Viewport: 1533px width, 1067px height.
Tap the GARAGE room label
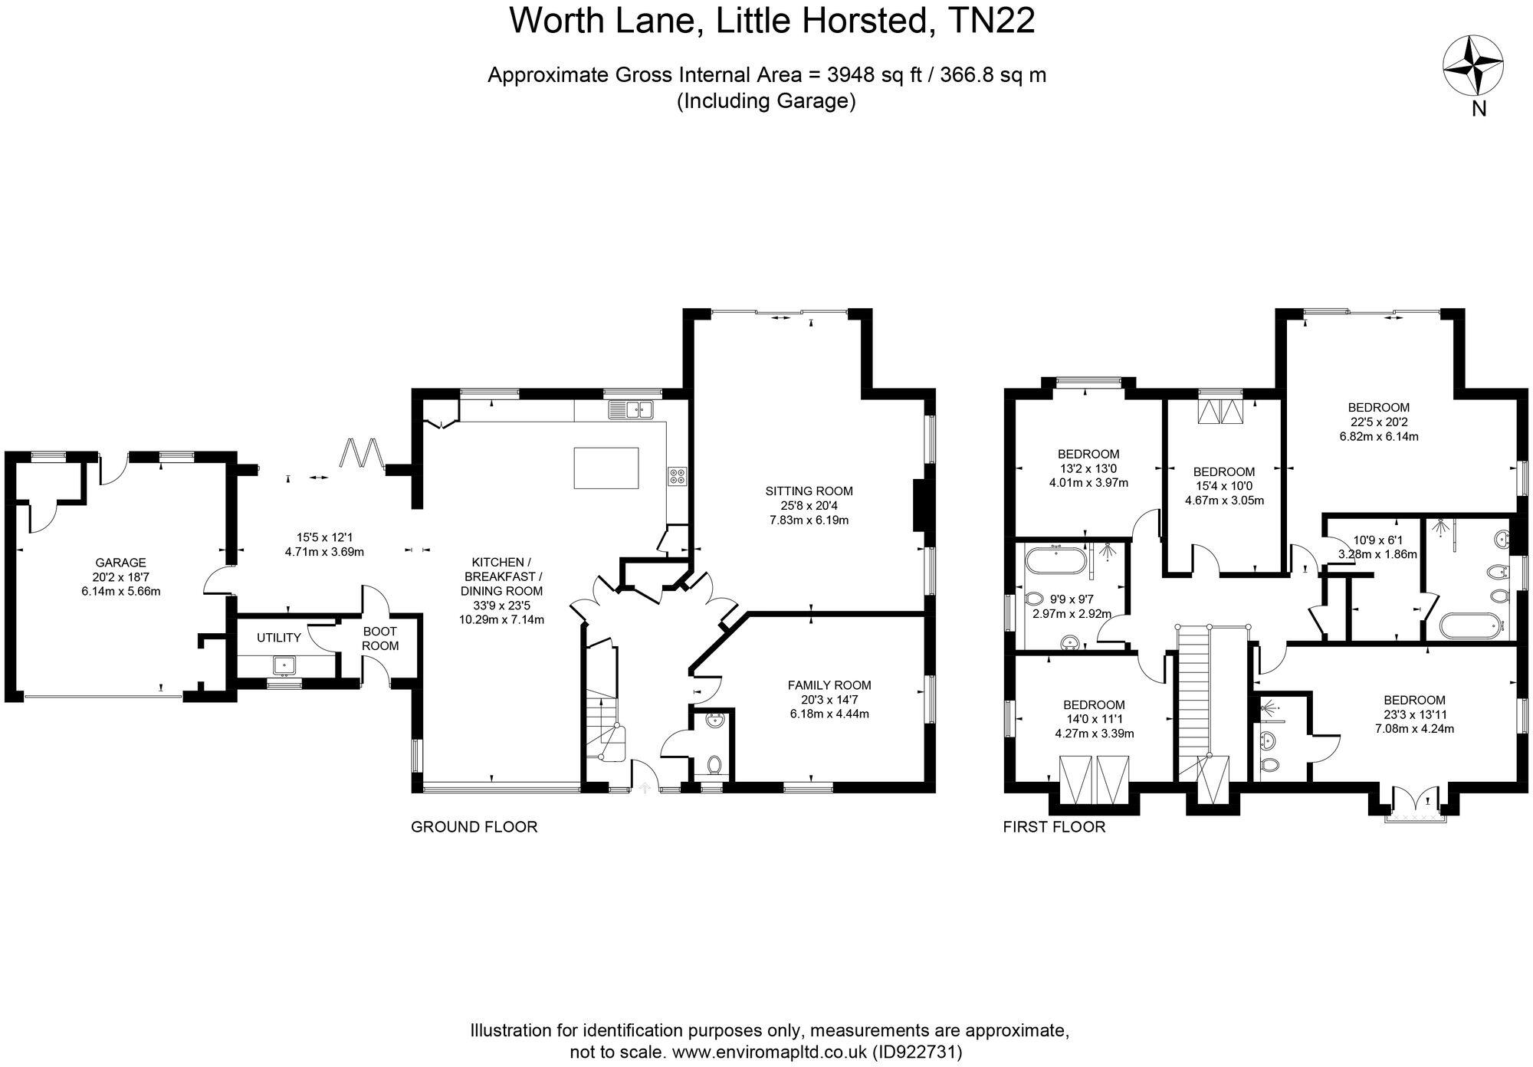[120, 563]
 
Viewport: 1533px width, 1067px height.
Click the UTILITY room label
[278, 638]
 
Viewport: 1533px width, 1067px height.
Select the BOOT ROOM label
[380, 639]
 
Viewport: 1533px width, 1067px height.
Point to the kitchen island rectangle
[606, 468]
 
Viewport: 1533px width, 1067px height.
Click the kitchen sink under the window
[630, 410]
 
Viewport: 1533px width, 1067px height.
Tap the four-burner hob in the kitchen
[677, 476]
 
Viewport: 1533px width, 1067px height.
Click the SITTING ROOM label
[809, 491]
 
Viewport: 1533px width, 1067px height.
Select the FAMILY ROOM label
[829, 685]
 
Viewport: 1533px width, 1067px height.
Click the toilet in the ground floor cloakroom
[714, 764]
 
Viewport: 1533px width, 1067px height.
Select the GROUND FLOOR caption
[474, 827]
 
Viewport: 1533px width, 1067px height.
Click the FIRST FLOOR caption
[1054, 827]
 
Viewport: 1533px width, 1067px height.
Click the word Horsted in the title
[865, 21]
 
